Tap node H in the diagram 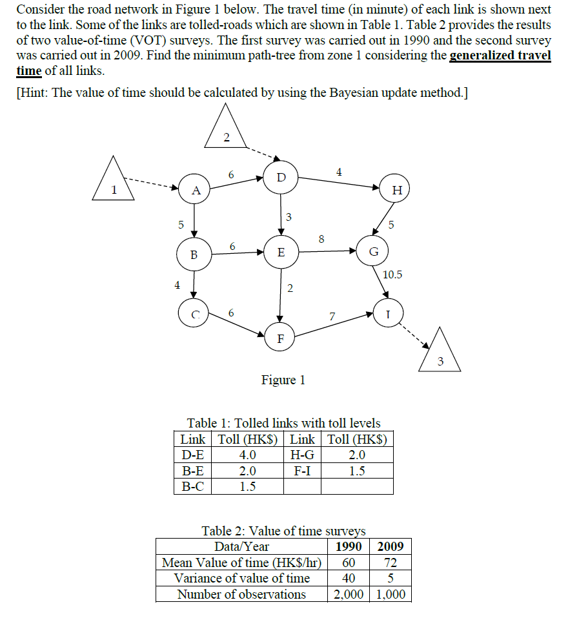396,190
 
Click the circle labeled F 279,338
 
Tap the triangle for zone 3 440,354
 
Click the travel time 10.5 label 392,274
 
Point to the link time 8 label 321,239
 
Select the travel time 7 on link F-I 332,316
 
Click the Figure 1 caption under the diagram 283,380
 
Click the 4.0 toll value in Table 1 247,455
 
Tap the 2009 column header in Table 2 391,546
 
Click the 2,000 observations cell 349,594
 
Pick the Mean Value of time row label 241,563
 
